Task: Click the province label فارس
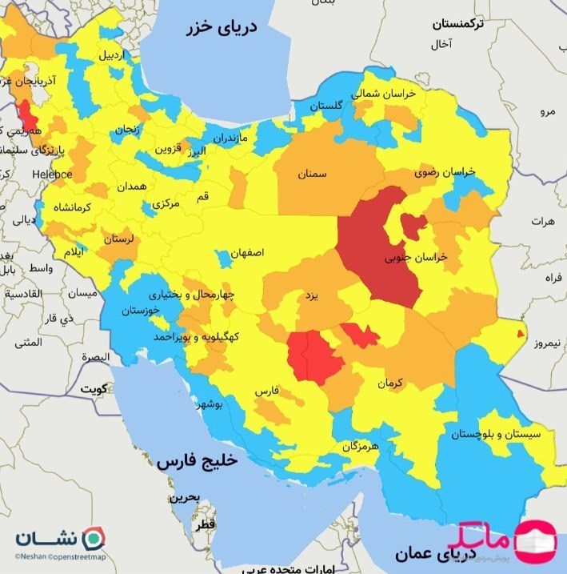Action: click(266, 391)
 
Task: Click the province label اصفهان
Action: click(247, 252)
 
